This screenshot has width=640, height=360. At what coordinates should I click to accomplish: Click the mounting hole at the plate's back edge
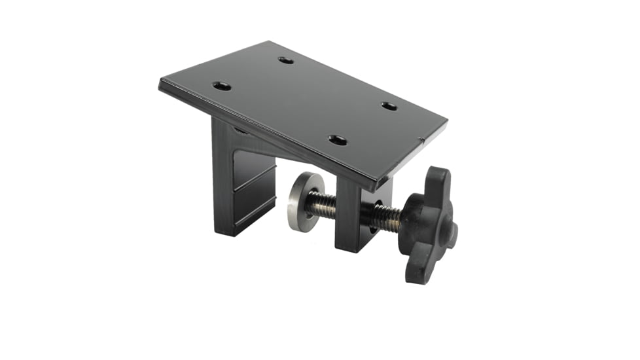(285, 60)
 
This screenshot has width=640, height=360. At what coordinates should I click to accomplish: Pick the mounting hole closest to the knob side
(389, 106)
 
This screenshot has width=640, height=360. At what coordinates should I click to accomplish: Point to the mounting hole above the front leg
(338, 139)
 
